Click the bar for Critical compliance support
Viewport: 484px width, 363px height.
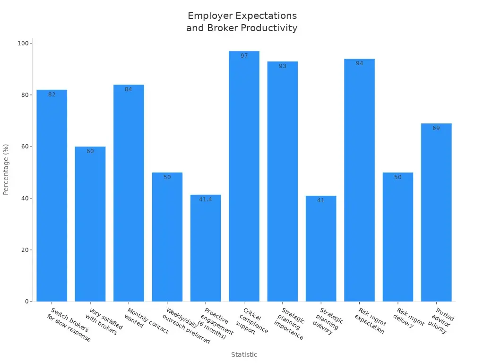[244, 180]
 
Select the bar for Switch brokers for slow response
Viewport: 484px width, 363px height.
[52, 199]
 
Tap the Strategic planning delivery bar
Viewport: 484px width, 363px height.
[321, 251]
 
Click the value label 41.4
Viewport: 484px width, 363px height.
[206, 199]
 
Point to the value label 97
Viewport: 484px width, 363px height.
[244, 56]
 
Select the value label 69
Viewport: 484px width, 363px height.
[436, 128]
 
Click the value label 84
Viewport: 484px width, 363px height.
[129, 89]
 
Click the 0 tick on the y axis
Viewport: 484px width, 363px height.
[27, 302]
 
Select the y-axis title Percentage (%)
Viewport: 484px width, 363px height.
[6, 169]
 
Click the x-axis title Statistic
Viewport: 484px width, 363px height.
[244, 354]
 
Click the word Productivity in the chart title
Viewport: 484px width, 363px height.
[269, 28]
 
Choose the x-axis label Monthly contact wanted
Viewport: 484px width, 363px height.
[146, 321]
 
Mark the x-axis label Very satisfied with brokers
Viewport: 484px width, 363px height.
[104, 321]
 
